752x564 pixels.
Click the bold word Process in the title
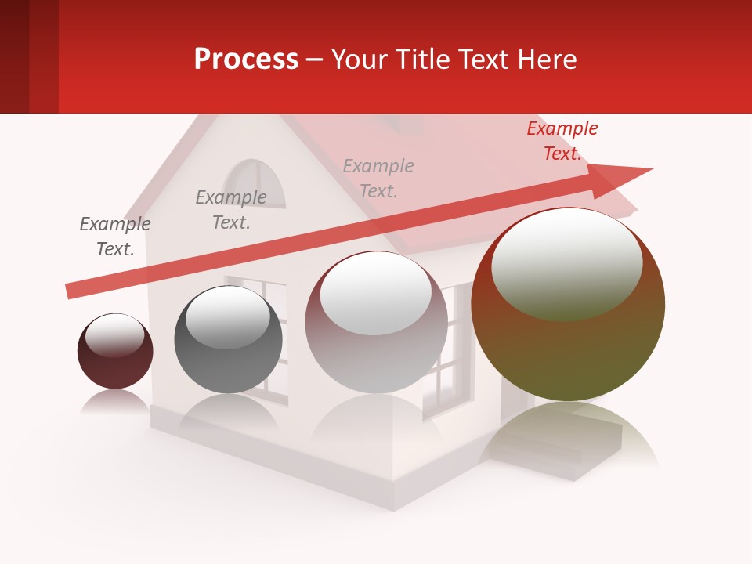(246, 60)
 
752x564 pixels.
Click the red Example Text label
(562, 141)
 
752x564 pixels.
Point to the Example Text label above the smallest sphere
(115, 237)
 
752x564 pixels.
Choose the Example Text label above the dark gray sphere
(231, 210)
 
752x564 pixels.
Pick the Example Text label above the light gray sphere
(378, 178)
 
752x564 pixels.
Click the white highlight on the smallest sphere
(114, 334)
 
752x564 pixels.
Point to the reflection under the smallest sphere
(115, 401)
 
